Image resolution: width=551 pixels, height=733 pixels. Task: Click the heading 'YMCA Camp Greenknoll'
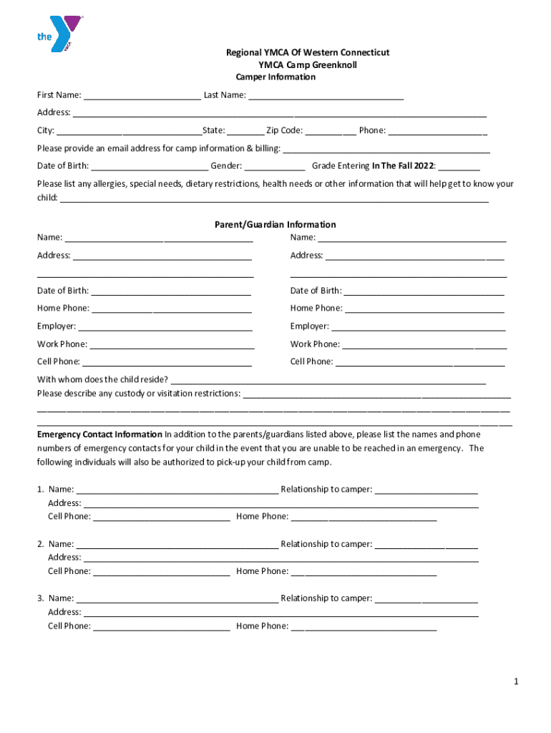pyautogui.click(x=307, y=64)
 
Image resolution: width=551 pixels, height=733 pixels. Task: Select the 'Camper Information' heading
pyautogui.click(x=275, y=77)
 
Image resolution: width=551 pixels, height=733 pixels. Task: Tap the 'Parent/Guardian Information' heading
pyautogui.click(x=275, y=225)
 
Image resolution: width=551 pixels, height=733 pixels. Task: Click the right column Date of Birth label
pyautogui.click(x=316, y=291)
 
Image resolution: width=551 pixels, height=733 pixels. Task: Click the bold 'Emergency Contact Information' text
pyautogui.click(x=99, y=435)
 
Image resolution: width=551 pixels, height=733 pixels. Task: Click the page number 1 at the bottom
pyautogui.click(x=515, y=682)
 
